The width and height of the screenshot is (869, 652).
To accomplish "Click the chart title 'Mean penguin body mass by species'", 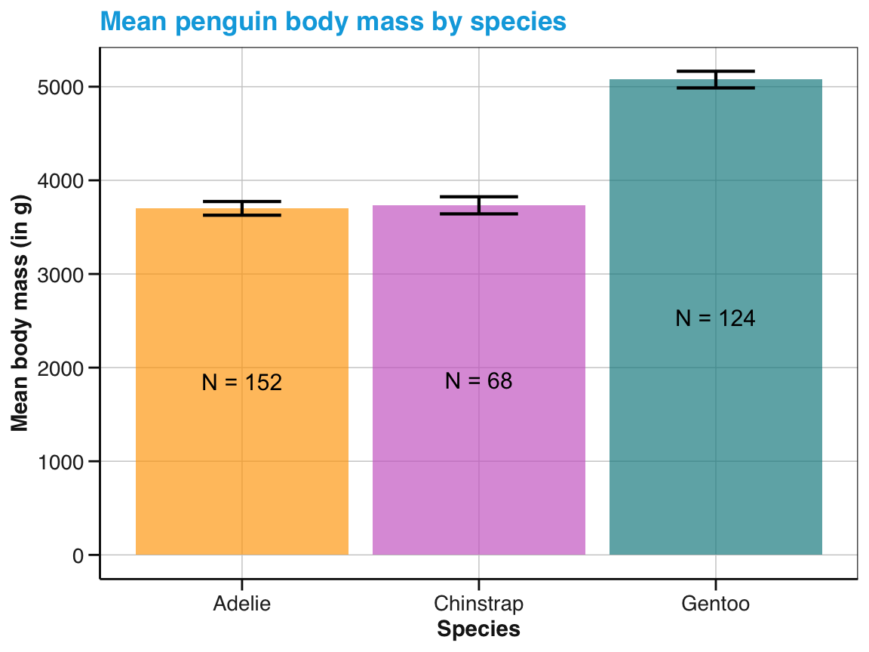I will [333, 21].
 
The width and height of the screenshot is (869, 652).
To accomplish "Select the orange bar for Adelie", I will [242, 468].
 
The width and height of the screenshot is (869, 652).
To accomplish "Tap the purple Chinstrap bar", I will [478, 468].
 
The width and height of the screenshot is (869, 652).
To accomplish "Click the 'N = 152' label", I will [242, 383].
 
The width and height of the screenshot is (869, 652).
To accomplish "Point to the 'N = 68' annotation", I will [478, 381].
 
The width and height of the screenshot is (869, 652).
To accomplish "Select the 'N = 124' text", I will [715, 318].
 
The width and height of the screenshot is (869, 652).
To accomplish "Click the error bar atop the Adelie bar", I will [242, 208].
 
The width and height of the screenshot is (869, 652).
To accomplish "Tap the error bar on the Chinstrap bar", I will [478, 205].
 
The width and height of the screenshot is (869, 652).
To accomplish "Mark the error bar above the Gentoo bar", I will [715, 79].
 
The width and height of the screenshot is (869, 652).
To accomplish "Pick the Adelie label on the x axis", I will [242, 604].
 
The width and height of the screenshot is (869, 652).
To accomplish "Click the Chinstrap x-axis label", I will [478, 604].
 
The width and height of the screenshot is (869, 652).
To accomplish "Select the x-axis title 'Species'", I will [478, 629].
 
